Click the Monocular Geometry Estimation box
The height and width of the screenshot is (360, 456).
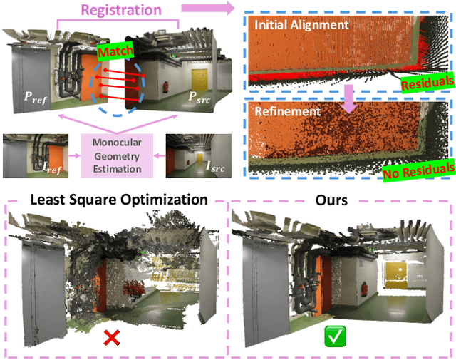pyautogui.click(x=117, y=153)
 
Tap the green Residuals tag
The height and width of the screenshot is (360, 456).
pyautogui.click(x=425, y=83)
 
